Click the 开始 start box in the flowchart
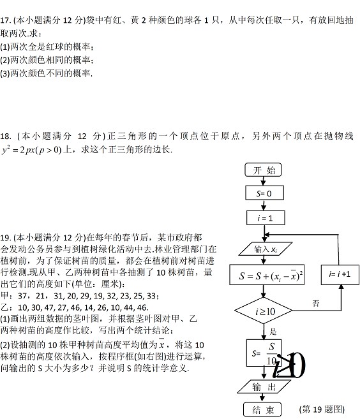click(x=263, y=170)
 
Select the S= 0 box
click(x=264, y=193)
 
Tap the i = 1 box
click(x=266, y=217)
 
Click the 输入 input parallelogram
click(x=266, y=249)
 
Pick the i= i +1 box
click(x=340, y=275)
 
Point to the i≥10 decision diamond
click(x=264, y=311)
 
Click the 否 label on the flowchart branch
click(x=316, y=304)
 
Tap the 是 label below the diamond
click(x=273, y=332)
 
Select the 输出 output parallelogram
click(x=264, y=386)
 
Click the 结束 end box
click(x=262, y=409)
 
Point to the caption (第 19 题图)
click(x=322, y=409)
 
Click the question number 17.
click(x=5, y=20)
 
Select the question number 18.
click(x=5, y=136)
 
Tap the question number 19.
click(x=5, y=237)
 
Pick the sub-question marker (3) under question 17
click(x=5, y=73)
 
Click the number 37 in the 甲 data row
click(x=22, y=296)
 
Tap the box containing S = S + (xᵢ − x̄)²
click(x=267, y=275)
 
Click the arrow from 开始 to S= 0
click(x=263, y=181)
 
